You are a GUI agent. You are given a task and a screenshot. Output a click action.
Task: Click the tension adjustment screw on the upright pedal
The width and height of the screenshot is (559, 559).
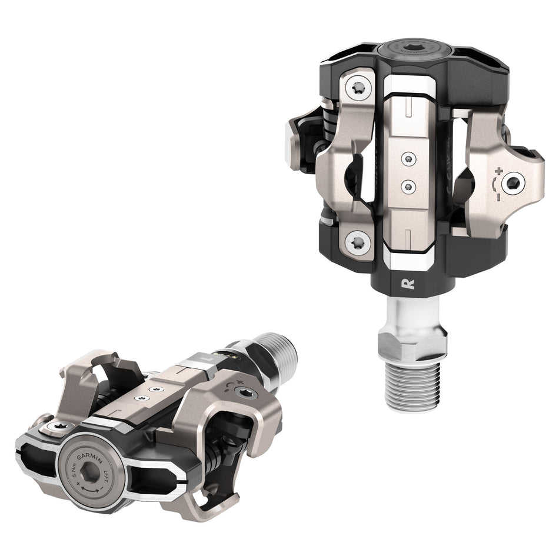click(516, 184)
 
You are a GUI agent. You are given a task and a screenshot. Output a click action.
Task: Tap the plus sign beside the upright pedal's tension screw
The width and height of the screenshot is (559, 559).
click(498, 171)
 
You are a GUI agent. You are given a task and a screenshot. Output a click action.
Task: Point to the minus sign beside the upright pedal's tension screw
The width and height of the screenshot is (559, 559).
click(498, 196)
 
